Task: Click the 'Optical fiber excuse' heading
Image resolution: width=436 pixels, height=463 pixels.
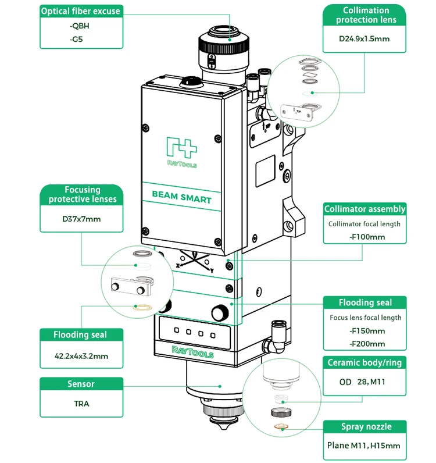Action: [80, 11]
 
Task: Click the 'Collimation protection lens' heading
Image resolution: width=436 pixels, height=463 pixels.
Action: [366, 15]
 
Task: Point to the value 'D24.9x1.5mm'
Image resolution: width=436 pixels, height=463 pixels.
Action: [364, 40]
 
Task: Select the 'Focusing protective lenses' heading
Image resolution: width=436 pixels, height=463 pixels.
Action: [82, 194]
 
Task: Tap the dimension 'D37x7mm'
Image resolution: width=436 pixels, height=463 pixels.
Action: [82, 219]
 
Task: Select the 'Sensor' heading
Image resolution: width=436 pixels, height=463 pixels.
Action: [81, 384]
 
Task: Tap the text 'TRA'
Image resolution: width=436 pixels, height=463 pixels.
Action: [81, 403]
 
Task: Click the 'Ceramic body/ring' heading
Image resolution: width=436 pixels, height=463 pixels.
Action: [364, 363]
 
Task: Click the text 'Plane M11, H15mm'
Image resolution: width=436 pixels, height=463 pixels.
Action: [364, 446]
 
